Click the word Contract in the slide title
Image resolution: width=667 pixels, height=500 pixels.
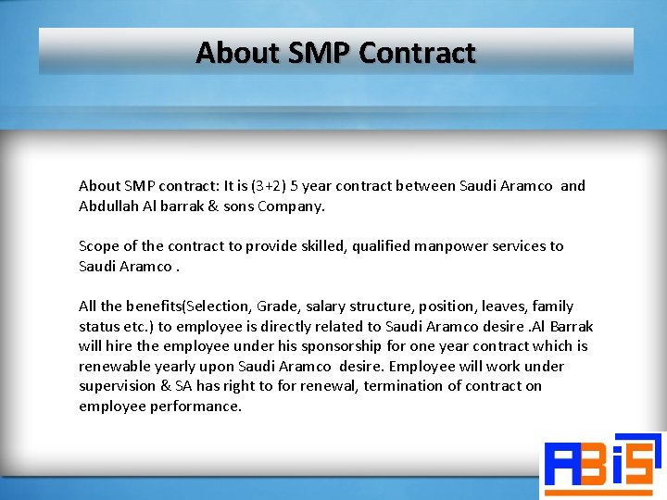click(x=417, y=53)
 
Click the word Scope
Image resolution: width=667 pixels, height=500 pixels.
click(x=99, y=246)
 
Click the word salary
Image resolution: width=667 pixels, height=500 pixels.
click(x=331, y=306)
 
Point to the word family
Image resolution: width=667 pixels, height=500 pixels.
click(x=552, y=306)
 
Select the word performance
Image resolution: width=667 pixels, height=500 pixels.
click(x=195, y=406)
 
